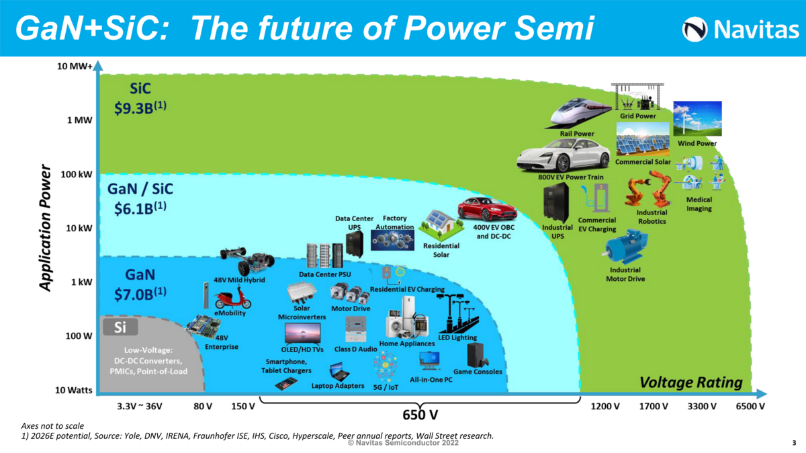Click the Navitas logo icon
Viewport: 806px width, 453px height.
(695, 29)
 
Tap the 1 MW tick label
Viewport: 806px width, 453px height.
(79, 120)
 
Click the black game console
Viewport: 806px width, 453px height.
(477, 354)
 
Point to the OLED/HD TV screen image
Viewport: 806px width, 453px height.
(302, 333)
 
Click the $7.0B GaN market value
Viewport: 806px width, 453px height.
(140, 292)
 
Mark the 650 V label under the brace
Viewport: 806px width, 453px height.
(421, 412)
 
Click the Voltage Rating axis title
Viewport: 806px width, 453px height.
(691, 382)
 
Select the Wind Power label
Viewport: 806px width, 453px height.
(697, 143)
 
